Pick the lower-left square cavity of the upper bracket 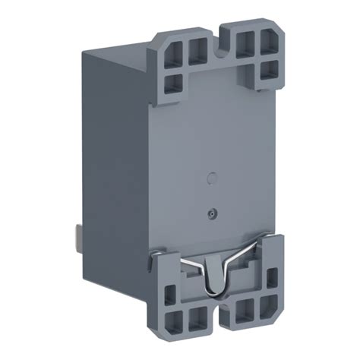coord(174,82)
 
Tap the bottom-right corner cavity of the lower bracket coord(270,309)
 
